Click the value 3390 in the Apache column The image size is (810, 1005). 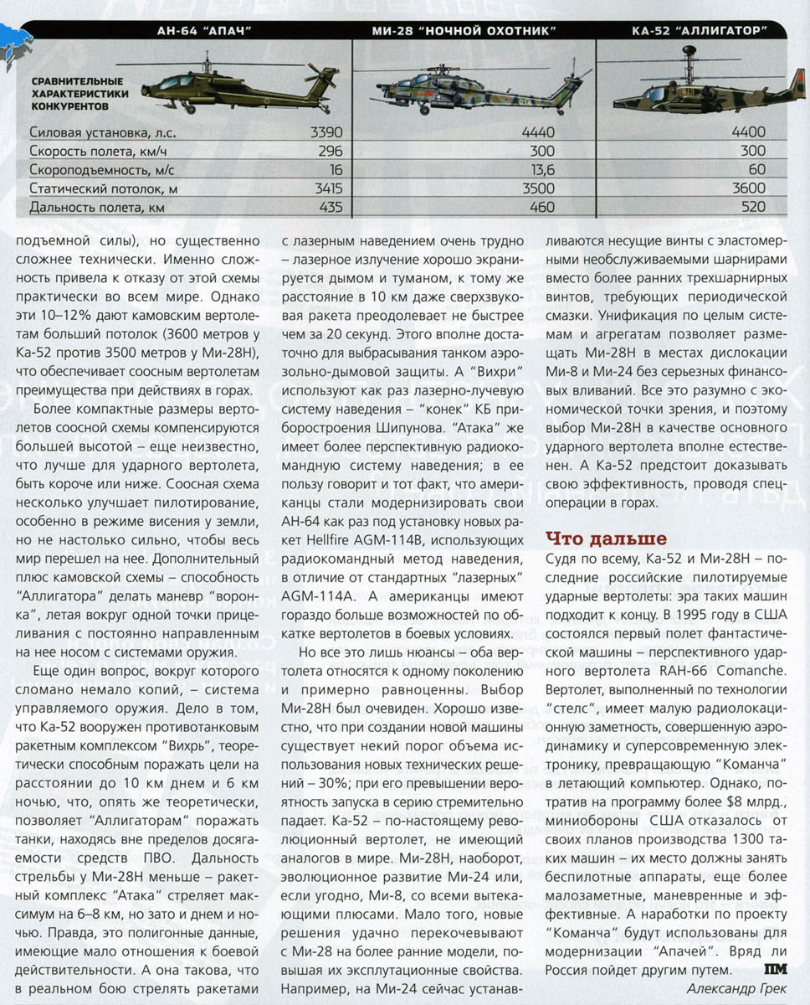[x=326, y=132]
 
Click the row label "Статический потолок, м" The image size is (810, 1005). [x=104, y=188]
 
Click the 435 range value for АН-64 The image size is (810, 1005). [x=332, y=206]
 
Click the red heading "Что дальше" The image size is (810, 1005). [x=606, y=539]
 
